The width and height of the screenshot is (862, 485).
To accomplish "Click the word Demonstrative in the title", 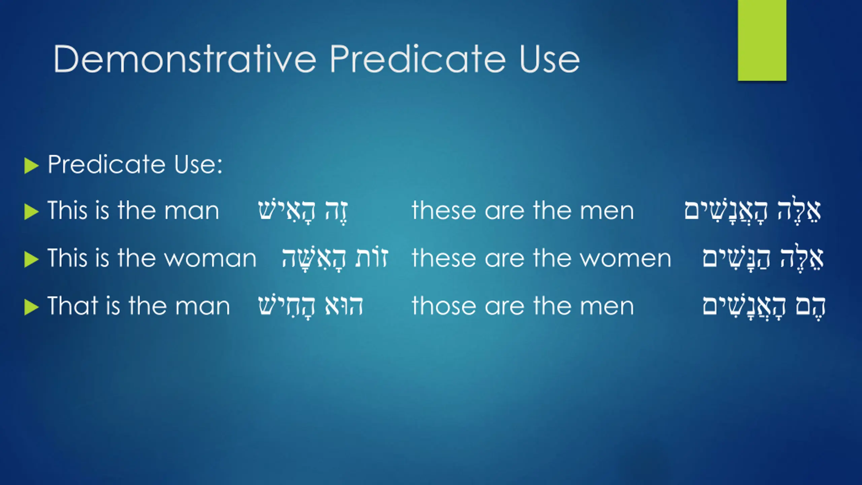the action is coord(185,59).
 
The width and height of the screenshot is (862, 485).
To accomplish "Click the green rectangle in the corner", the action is coord(762,40).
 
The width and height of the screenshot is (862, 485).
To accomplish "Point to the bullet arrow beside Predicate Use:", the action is coord(32,166).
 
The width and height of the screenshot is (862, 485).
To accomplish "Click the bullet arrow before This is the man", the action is coord(32,212).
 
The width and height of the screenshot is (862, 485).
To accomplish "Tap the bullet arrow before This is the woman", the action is coord(32,260).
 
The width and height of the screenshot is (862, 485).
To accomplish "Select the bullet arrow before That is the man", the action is coord(32,308).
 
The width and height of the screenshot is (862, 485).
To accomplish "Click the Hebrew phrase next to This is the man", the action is coord(303,212).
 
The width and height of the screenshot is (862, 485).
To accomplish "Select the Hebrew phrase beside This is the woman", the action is coord(335,259).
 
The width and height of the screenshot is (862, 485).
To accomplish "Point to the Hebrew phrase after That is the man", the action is coord(310,306).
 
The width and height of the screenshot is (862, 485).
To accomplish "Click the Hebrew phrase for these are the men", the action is coord(753,211).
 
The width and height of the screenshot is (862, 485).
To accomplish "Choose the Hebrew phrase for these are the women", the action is coord(763,258).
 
